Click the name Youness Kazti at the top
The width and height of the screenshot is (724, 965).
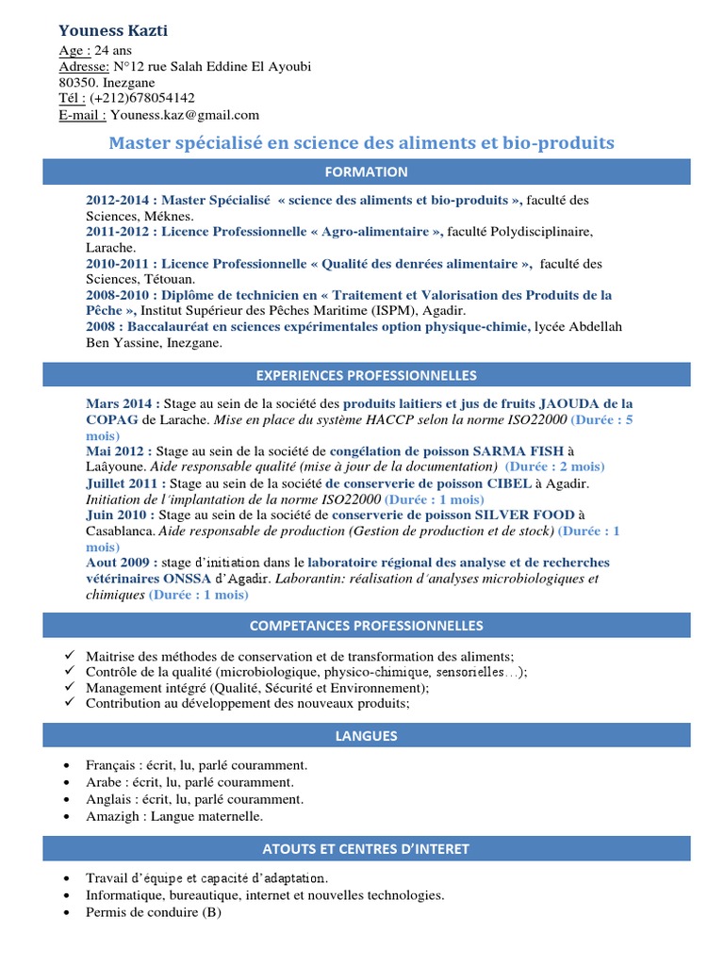pyautogui.click(x=113, y=31)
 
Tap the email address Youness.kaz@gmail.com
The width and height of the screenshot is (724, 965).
pyautogui.click(x=184, y=115)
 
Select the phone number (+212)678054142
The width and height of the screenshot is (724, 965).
pyautogui.click(x=143, y=98)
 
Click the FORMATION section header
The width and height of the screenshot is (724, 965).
pyautogui.click(x=379, y=172)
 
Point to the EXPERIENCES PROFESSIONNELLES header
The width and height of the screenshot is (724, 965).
pyautogui.click(x=379, y=375)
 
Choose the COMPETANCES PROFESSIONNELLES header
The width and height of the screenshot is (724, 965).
pyautogui.click(x=379, y=626)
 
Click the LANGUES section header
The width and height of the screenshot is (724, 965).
pyautogui.click(x=379, y=735)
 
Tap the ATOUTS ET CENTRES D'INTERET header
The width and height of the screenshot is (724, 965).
pyautogui.click(x=379, y=849)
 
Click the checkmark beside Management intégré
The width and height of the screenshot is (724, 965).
pyautogui.click(x=69, y=687)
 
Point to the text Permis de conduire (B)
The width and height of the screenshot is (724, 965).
pyautogui.click(x=153, y=912)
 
